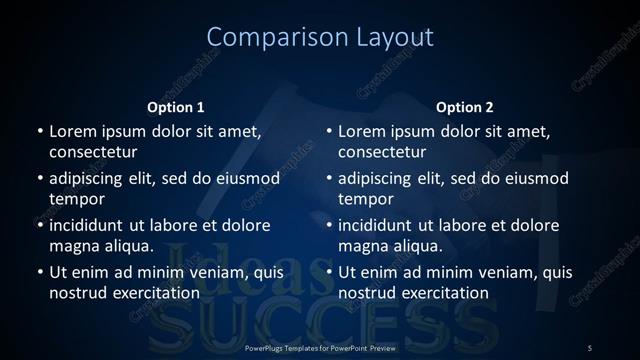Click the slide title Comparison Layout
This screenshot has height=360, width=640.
(x=320, y=37)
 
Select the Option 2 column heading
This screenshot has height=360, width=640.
(x=465, y=107)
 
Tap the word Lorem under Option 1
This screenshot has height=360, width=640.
(x=71, y=130)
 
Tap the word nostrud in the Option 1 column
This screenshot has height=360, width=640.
(x=76, y=293)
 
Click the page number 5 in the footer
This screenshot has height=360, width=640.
(x=589, y=347)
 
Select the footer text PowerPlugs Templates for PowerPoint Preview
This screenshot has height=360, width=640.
(x=320, y=347)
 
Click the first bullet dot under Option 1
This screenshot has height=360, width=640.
(x=40, y=131)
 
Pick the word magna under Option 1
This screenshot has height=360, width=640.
(x=73, y=246)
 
